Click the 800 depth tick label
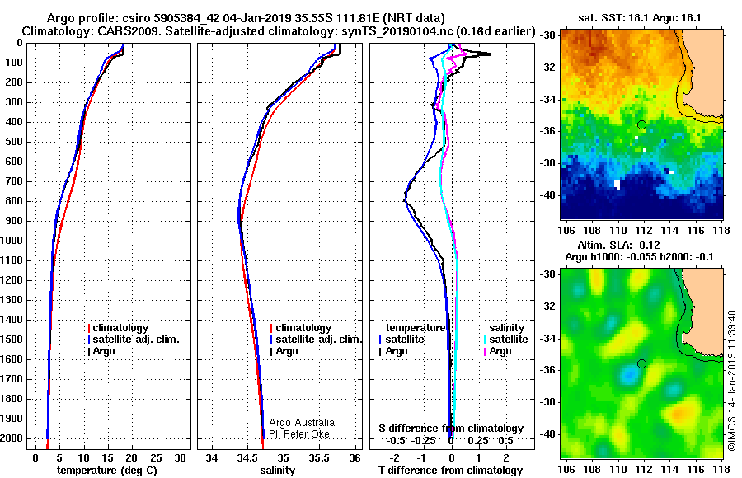14,201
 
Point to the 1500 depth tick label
12,340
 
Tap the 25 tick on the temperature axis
156,457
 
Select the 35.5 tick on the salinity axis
319,457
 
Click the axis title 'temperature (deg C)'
107,470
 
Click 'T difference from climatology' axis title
450,470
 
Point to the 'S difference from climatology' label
451,429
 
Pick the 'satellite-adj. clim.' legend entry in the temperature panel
134,340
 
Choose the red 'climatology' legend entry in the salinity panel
301,327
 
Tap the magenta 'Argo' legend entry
497,351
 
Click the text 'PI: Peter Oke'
299,434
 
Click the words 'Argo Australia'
302,422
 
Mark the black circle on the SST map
641,125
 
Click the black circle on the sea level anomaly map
641,364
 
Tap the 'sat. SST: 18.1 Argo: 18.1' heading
640,18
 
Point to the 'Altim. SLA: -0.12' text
618,245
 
